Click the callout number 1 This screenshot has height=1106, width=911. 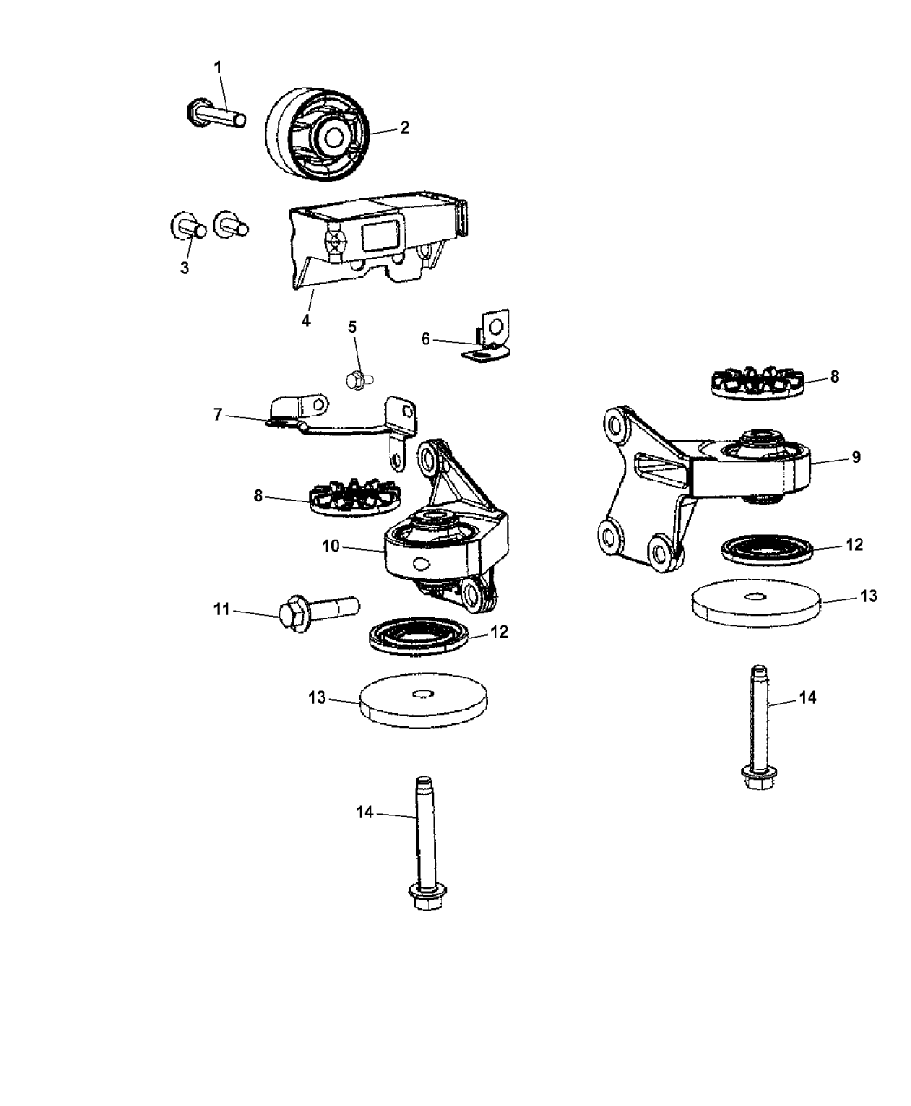click(x=218, y=66)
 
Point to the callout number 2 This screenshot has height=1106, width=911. click(x=404, y=128)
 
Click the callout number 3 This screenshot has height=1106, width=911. click(x=185, y=268)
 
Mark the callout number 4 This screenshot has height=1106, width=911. click(x=305, y=320)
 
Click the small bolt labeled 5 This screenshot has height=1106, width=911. click(x=356, y=378)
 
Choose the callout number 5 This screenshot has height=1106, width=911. click(x=352, y=327)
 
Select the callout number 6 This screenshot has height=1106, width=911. click(x=425, y=339)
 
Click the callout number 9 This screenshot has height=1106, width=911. click(x=855, y=457)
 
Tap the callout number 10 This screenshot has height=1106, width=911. click(x=330, y=546)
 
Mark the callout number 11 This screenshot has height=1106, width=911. click(x=221, y=610)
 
